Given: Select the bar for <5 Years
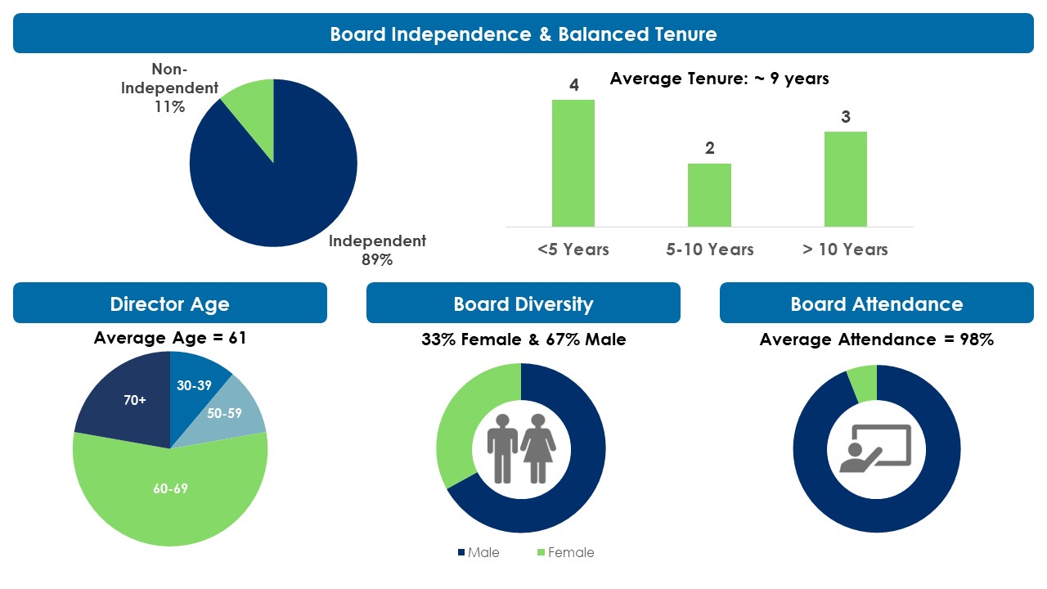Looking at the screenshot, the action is point(573,163).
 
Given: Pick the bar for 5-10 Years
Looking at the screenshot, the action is point(709,195).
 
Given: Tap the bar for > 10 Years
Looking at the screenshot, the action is point(846,179).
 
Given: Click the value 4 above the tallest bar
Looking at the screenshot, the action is point(574,85).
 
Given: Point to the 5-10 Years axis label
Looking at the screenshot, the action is point(709,250).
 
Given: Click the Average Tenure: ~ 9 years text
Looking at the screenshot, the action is point(719,79).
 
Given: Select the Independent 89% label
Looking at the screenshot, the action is point(377,250).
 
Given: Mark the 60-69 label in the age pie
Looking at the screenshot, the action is point(171,488).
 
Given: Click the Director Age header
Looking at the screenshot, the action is point(169,303).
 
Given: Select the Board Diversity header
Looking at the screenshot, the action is point(523,303).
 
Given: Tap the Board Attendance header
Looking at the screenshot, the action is point(876,303).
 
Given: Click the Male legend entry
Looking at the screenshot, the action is point(479,552).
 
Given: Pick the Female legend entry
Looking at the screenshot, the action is point(566,552).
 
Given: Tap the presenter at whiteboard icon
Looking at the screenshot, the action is point(875,448).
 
